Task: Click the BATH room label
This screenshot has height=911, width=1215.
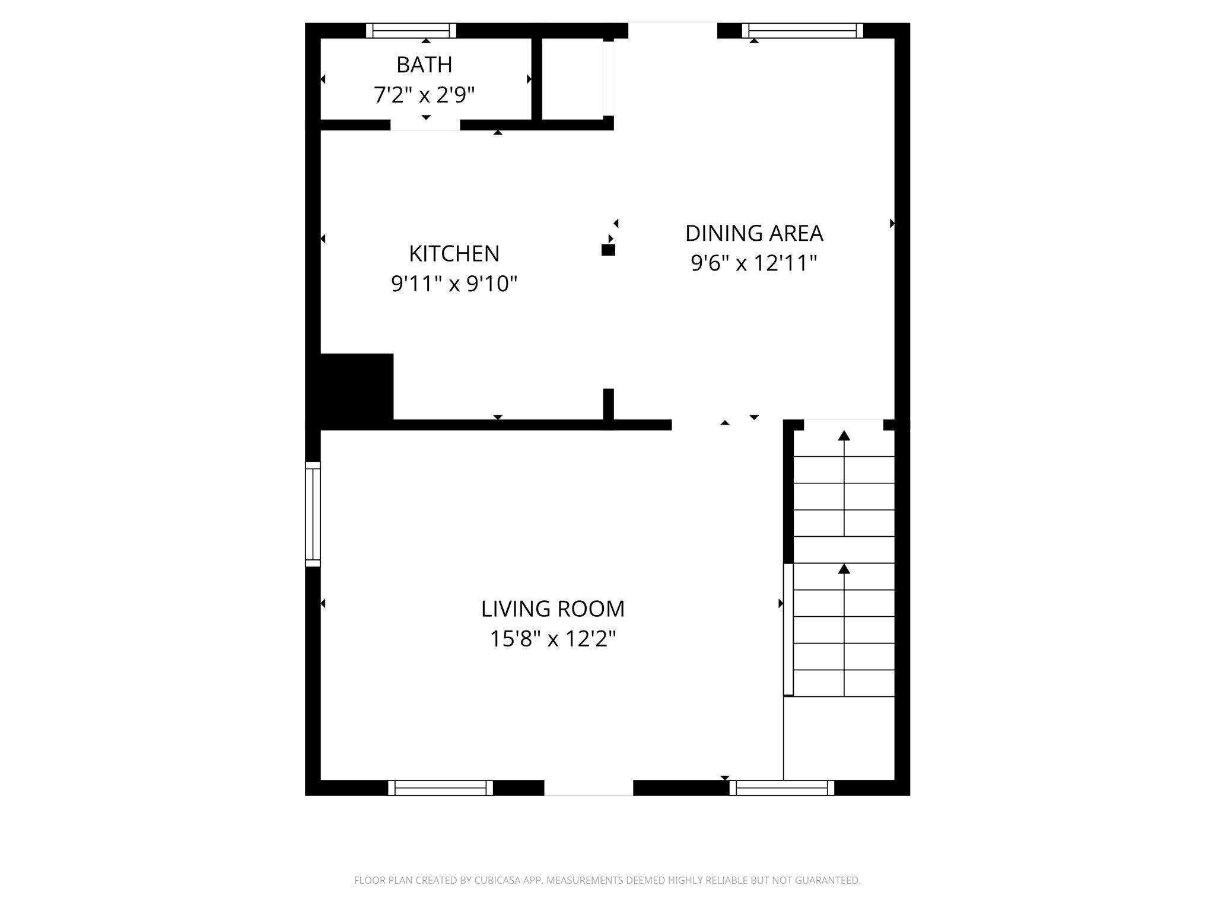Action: pos(424,65)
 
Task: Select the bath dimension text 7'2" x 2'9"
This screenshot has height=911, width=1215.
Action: pos(424,94)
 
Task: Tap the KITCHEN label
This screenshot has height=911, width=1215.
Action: pos(454,254)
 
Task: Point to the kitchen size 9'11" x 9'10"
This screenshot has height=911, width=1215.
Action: pos(454,284)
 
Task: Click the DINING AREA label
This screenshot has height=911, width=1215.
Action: pos(754,233)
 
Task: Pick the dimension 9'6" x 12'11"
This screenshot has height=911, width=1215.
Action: pos(754,263)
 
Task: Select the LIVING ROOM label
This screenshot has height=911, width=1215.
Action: pos(552,609)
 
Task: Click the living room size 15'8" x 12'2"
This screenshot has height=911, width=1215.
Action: pos(552,639)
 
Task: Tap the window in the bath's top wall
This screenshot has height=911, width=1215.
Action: pos(411,30)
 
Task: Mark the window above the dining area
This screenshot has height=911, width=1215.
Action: pos(802,30)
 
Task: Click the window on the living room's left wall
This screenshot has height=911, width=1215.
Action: pos(313,514)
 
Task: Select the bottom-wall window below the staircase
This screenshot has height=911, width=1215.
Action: pos(781,788)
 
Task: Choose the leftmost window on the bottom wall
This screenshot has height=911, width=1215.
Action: pos(440,788)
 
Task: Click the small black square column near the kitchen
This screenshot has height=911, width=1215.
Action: pos(608,250)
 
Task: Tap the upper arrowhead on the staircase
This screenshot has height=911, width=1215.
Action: pos(844,436)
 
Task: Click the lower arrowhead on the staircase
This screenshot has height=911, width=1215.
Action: pos(844,569)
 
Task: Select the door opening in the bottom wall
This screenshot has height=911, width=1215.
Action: pos(589,788)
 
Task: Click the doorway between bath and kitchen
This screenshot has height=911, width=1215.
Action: pos(425,125)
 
